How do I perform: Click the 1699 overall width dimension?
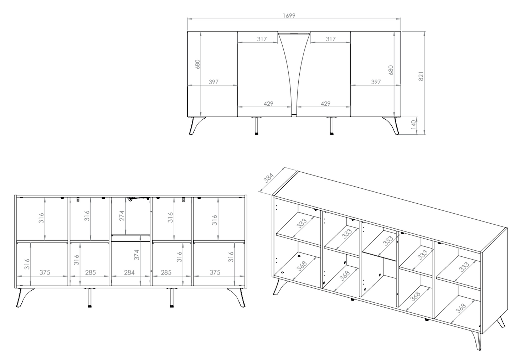[289, 15]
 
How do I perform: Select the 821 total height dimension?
[421, 76]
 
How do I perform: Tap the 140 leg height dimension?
[413, 125]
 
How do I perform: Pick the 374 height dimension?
[137, 255]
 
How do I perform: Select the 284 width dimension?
[129, 272]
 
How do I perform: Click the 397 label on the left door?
[213, 82]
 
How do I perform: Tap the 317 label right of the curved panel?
[330, 39]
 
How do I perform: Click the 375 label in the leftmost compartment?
[45, 272]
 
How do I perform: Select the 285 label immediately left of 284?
[91, 272]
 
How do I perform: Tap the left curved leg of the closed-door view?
[196, 126]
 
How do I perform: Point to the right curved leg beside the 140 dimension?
[392, 126]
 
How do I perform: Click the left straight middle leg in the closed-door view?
[256, 126]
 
